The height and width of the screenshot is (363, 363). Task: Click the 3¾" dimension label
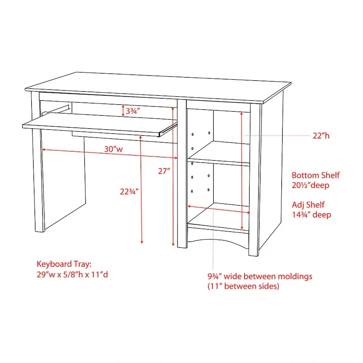[x=132, y=111]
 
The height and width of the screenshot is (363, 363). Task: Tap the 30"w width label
[x=113, y=149]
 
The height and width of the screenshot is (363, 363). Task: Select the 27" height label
[x=164, y=171]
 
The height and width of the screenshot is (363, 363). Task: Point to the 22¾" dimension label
[x=129, y=191]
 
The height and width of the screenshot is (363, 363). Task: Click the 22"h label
[x=321, y=136]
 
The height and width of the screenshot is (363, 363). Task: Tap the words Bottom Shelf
[x=315, y=175]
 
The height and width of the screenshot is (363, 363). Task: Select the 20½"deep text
[x=310, y=185]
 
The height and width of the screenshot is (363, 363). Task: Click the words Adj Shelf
[x=308, y=205]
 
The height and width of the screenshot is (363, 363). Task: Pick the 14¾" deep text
[x=311, y=215]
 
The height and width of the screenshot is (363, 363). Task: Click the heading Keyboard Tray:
[x=64, y=264]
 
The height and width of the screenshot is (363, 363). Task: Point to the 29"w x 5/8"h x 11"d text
[x=72, y=275]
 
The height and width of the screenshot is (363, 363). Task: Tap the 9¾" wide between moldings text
[x=260, y=276]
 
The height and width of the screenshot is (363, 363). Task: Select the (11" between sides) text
[x=243, y=286]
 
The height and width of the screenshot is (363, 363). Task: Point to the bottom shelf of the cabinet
[x=219, y=215]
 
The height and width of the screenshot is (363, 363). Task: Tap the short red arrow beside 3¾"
[x=123, y=111]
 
